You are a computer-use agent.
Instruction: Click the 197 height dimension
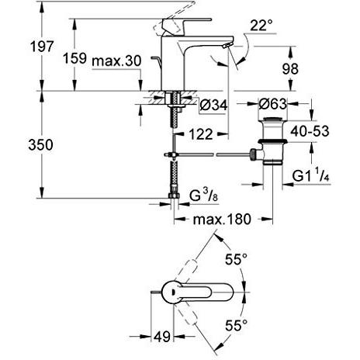click(42, 47)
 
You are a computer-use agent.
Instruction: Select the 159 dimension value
click(74, 58)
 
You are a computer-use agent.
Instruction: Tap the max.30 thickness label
click(116, 61)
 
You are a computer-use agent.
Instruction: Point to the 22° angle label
click(261, 26)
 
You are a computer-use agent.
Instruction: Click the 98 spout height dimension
click(290, 69)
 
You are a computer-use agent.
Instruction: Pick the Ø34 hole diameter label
click(214, 106)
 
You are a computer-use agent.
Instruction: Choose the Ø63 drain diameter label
click(272, 104)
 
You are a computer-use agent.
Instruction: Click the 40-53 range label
click(310, 131)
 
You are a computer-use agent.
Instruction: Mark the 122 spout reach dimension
click(201, 134)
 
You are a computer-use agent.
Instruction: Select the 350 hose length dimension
click(41, 145)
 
